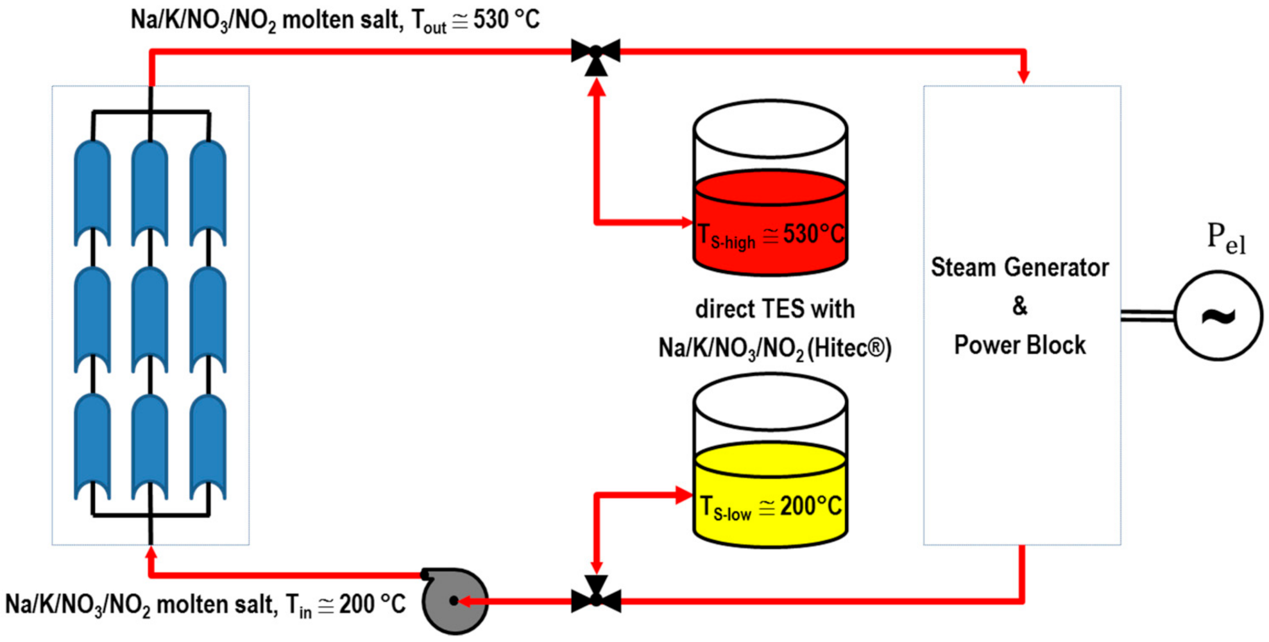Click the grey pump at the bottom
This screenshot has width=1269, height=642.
coord(455,601)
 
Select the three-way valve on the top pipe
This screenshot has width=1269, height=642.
coord(595,53)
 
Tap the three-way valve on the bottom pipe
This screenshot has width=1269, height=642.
coord(596,598)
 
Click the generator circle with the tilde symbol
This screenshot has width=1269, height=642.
coord(1218,316)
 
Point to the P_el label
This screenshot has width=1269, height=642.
coord(1225,239)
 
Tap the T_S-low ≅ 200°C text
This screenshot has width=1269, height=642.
coord(770,507)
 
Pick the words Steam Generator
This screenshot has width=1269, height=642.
coord(1019,268)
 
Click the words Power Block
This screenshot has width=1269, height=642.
coord(1019,345)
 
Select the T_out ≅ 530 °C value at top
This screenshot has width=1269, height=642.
coord(475,21)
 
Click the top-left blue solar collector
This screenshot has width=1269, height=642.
coord(92,193)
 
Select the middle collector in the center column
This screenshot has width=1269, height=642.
coord(150,320)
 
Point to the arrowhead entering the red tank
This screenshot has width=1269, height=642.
coord(686,223)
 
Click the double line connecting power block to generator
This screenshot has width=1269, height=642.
coord(1147,315)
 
